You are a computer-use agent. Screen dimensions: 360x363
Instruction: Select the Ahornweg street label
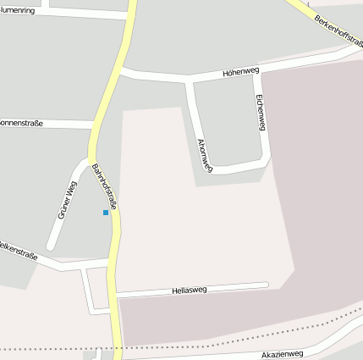click(x=204, y=155)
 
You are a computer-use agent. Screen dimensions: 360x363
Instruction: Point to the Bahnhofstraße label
click(x=104, y=182)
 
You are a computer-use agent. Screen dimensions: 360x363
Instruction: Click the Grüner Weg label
click(x=67, y=200)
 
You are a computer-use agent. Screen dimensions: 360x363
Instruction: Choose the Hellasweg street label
click(x=189, y=290)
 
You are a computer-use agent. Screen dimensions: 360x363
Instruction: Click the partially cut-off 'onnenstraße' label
click(x=21, y=123)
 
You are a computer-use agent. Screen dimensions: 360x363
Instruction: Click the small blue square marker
click(x=106, y=212)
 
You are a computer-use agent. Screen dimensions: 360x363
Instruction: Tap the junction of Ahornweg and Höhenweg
click(x=190, y=80)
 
